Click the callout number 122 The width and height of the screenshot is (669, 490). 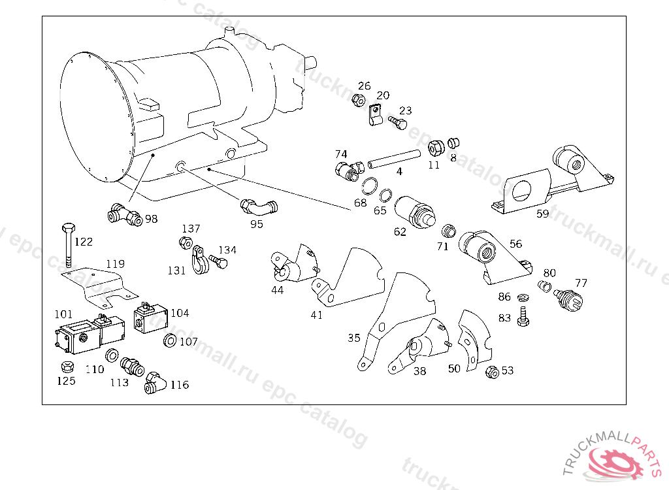84,242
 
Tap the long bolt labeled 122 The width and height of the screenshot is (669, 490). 68,245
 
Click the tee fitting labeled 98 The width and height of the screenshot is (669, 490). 124,214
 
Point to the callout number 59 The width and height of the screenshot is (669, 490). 542,214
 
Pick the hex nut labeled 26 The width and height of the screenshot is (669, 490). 359,101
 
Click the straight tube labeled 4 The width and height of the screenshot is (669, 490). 394,159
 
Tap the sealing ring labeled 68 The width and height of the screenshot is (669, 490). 370,186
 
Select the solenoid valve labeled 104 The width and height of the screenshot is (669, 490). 150,318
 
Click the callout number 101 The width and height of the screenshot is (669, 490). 63,314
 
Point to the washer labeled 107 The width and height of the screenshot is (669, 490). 170,340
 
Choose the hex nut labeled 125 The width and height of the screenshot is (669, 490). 66,367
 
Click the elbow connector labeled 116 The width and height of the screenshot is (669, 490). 155,383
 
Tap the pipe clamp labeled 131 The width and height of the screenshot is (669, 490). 199,259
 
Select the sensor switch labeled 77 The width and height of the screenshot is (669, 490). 568,298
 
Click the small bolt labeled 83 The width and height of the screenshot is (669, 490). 523,316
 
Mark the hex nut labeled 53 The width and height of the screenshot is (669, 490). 493,372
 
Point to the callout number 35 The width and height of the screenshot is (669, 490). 353,338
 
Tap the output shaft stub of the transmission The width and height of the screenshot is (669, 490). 310,63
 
